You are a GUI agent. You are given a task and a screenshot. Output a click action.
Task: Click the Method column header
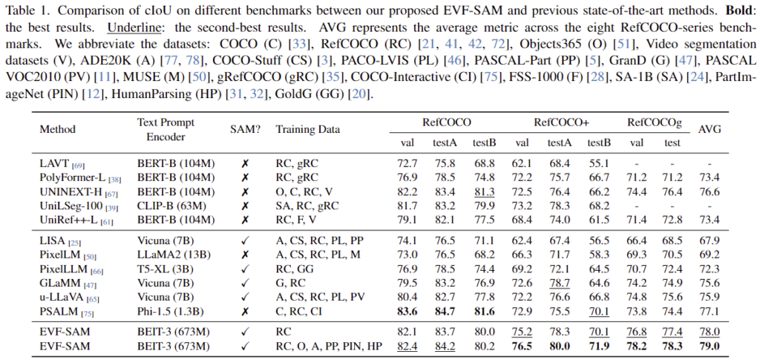click(57, 128)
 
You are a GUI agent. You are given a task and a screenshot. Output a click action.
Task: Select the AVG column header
click(711, 128)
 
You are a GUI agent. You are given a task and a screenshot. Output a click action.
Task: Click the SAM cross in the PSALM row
click(242, 310)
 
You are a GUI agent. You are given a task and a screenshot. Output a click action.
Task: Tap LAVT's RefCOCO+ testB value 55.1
click(598, 163)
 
